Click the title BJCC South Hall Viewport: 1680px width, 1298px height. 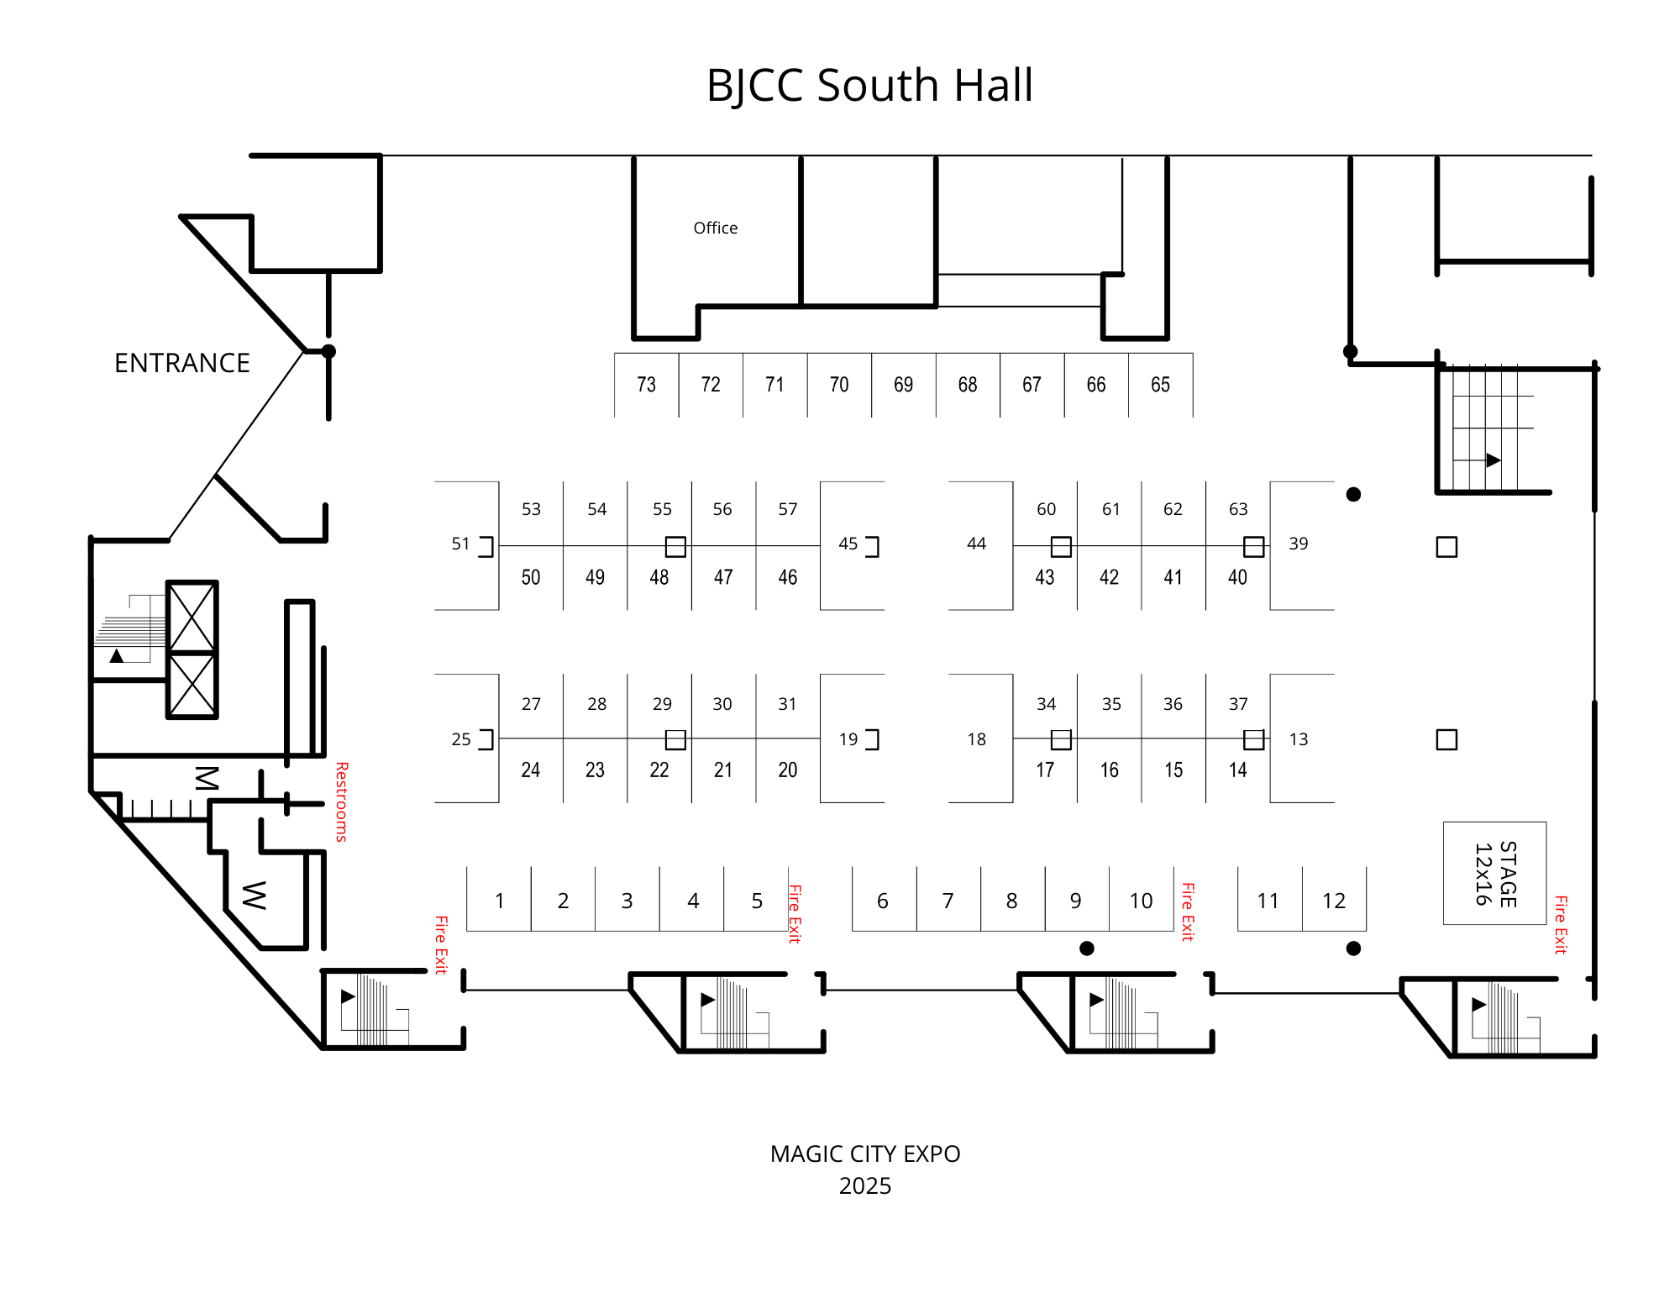pos(869,86)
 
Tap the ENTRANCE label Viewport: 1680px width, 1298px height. pos(182,363)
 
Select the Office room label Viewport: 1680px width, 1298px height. pos(716,228)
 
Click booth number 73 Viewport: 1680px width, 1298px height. pos(646,385)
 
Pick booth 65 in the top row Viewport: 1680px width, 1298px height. pos(1160,385)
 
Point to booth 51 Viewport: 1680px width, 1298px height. pos(460,544)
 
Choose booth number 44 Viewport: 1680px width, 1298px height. pos(976,544)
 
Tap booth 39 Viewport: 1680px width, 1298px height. pos(1299,544)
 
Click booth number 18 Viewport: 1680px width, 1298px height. pos(976,739)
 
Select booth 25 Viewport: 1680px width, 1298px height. pos(461,739)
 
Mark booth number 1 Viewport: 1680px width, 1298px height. pos(500,901)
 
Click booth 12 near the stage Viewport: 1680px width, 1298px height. pos(1334,901)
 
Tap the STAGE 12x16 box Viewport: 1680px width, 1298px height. pos(1495,874)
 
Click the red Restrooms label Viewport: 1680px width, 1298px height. pos(342,801)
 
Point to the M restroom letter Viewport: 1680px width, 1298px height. pos(207,778)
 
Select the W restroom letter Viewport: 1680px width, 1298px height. pos(254,896)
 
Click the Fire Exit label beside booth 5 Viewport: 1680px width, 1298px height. pos(795,913)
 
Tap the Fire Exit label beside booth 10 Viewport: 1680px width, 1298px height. pos(1188,912)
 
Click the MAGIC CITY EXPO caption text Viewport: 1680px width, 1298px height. pos(865,1153)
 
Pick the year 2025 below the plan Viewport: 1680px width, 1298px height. pos(865,1185)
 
